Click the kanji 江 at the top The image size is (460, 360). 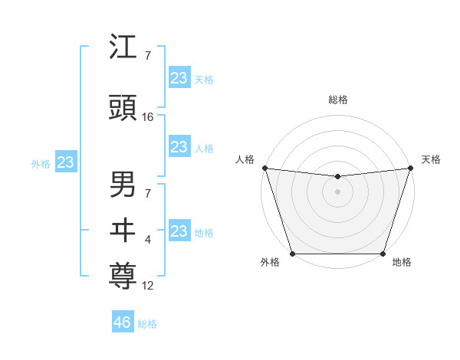[x=123, y=48]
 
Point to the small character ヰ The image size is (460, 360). [x=123, y=230]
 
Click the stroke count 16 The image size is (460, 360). [x=148, y=117]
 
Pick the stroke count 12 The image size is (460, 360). [x=148, y=286]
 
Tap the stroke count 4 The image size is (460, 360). [x=148, y=240]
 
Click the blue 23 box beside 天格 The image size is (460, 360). [x=179, y=78]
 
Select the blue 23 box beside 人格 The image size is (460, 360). [x=179, y=147]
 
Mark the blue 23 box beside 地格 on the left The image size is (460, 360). [x=179, y=231]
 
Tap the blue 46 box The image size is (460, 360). [x=123, y=322]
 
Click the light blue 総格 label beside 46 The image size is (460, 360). [x=148, y=324]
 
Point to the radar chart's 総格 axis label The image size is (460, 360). [x=337, y=100]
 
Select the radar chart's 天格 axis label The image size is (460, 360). [x=431, y=159]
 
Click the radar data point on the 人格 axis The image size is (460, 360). [x=264, y=168]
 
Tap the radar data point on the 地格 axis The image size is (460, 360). [x=383, y=254]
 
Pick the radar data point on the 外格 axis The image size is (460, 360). [x=292, y=254]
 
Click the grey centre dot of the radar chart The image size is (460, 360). [x=337, y=191]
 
